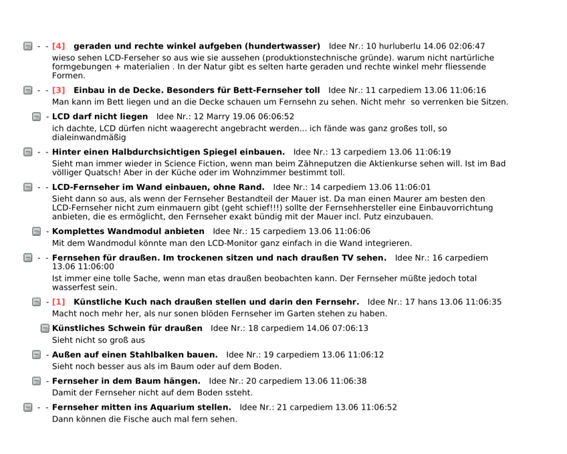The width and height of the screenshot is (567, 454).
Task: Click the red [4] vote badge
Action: [x=59, y=46]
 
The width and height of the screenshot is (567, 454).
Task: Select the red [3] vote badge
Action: [x=59, y=90]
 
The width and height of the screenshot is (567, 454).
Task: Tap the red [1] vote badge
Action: [x=59, y=302]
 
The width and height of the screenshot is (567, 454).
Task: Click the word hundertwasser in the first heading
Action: [x=282, y=46]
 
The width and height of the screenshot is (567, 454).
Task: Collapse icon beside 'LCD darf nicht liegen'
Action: [x=37, y=117]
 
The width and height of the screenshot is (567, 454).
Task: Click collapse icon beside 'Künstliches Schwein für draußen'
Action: [x=45, y=328]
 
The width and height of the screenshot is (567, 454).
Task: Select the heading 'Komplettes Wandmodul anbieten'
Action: [x=128, y=231]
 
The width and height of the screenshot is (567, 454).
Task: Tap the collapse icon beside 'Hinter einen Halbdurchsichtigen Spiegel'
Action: [x=28, y=152]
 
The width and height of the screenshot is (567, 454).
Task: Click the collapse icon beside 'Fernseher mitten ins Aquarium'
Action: [x=28, y=407]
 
